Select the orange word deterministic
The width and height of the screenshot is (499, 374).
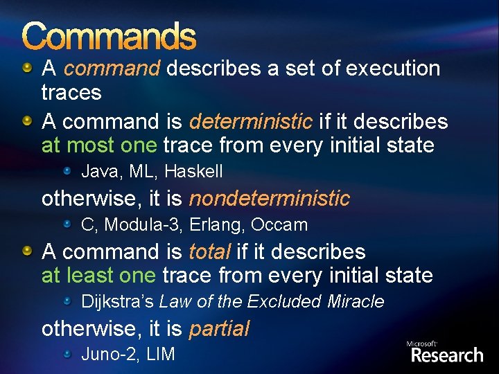(x=250, y=122)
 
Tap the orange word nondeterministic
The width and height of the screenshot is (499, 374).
(x=270, y=199)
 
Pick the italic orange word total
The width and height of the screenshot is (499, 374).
(x=209, y=252)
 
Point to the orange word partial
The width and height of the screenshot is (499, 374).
(x=218, y=329)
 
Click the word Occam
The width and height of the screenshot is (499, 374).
(x=279, y=225)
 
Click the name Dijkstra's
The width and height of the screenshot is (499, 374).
(x=117, y=302)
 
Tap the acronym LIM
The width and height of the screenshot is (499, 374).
(x=159, y=355)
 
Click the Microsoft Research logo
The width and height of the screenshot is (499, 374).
(x=444, y=353)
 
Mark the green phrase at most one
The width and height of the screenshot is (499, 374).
(x=100, y=145)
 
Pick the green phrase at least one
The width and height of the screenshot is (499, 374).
(x=99, y=276)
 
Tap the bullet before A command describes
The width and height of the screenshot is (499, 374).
(x=27, y=68)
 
